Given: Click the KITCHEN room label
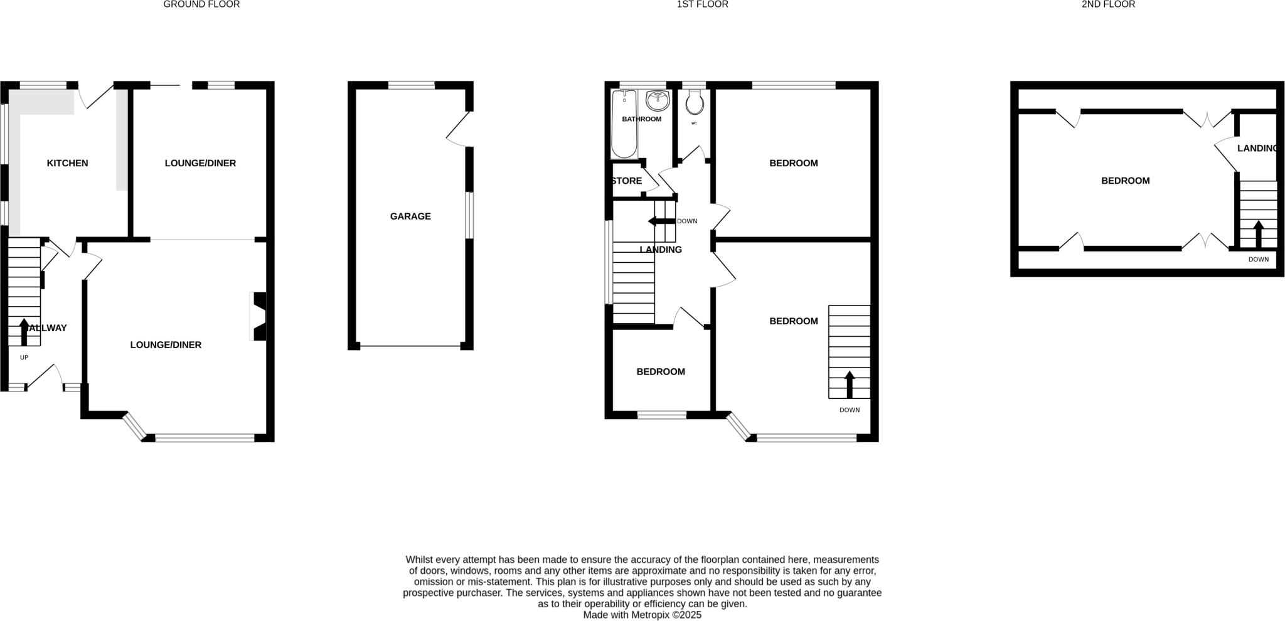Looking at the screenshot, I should [67, 163].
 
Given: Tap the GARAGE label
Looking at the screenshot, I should [410, 216].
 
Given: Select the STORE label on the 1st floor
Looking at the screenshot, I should [626, 181].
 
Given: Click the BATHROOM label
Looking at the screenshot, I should [641, 119].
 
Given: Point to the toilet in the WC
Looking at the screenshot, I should [695, 103].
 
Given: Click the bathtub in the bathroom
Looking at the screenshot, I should [624, 124].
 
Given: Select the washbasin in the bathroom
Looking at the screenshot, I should [658, 100].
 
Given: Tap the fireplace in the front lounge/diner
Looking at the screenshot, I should [259, 316].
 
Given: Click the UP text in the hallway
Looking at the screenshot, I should [24, 358].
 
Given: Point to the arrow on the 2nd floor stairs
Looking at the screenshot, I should [1258, 233].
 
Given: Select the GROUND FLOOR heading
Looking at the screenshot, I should [201, 4].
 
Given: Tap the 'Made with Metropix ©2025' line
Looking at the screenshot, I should [642, 615].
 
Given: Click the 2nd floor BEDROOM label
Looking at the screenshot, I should [1125, 181].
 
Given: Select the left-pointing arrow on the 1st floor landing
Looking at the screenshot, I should [661, 221].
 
